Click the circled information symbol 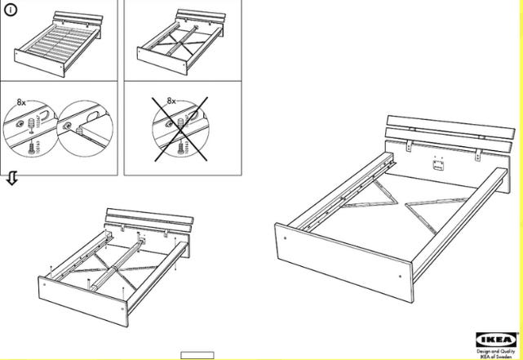(11, 10)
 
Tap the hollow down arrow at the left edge (11, 179)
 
